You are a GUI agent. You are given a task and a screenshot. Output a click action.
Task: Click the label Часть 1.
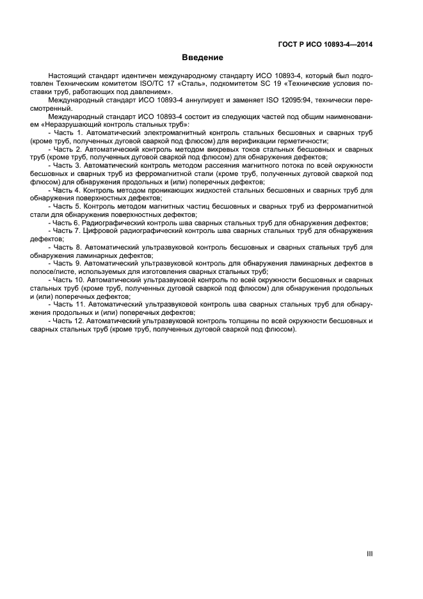pos(68,132)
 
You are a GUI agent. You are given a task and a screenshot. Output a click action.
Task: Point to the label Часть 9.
pos(68,263)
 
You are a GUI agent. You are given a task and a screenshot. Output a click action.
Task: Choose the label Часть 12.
pos(70,321)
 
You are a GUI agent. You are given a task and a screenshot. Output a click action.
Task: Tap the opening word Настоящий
pos(66,75)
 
